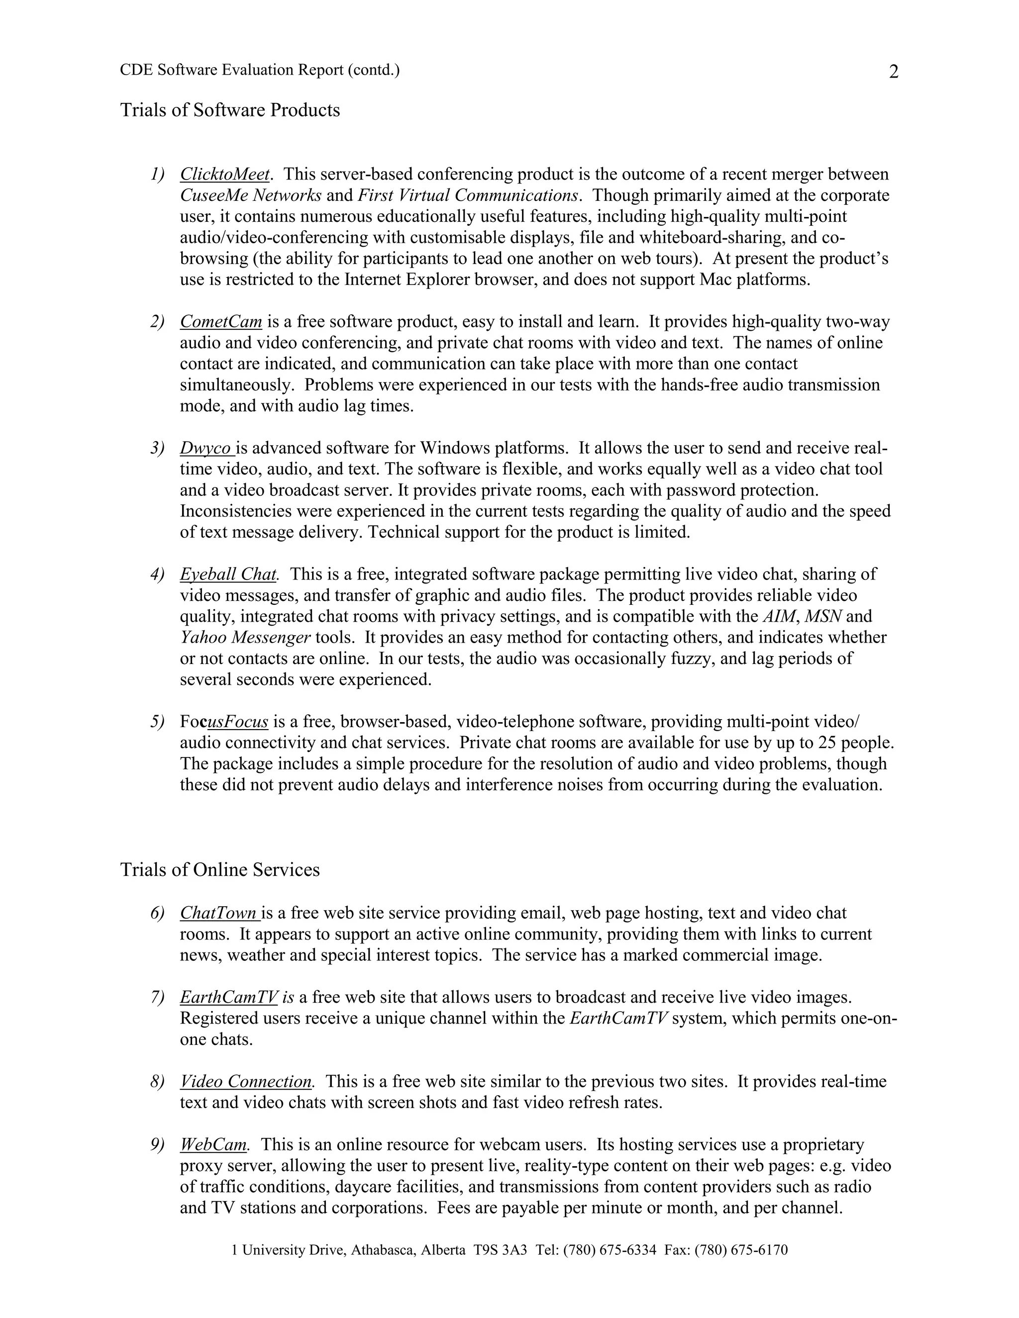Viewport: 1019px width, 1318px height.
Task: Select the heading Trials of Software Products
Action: point(230,110)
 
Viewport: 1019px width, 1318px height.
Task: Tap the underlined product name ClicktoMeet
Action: point(224,175)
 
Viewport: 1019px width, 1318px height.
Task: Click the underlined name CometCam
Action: point(221,322)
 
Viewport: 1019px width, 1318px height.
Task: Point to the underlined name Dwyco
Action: point(206,449)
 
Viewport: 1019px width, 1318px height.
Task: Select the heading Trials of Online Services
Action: point(220,869)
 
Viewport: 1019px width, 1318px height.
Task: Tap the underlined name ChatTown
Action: point(218,913)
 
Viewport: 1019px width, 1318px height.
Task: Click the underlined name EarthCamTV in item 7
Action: point(229,998)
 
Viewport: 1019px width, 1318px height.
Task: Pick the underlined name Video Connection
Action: point(246,1081)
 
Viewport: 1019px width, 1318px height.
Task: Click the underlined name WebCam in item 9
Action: point(213,1145)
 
